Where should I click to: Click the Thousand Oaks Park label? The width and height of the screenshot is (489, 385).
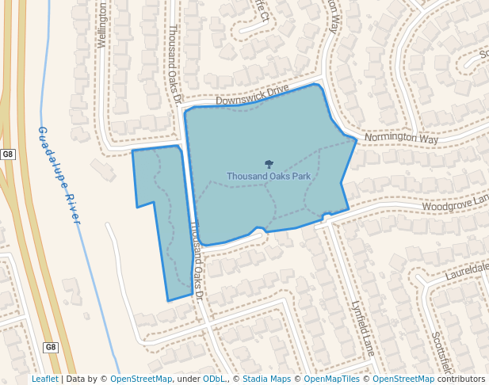pyautogui.click(x=269, y=176)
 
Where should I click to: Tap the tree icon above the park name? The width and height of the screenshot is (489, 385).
pyautogui.click(x=269, y=164)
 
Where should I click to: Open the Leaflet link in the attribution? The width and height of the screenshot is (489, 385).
pyautogui.click(x=44, y=379)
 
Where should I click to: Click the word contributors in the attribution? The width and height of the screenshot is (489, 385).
pyautogui.click(x=461, y=379)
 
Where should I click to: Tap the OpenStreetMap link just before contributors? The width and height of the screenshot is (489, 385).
pyautogui.click(x=403, y=379)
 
